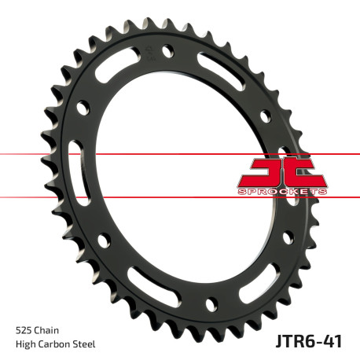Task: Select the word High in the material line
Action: pyautogui.click(x=26, y=344)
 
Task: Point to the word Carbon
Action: pyautogui.click(x=57, y=344)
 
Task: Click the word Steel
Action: pyautogui.click(x=89, y=344)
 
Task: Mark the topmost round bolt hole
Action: pyautogui.click(x=167, y=53)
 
